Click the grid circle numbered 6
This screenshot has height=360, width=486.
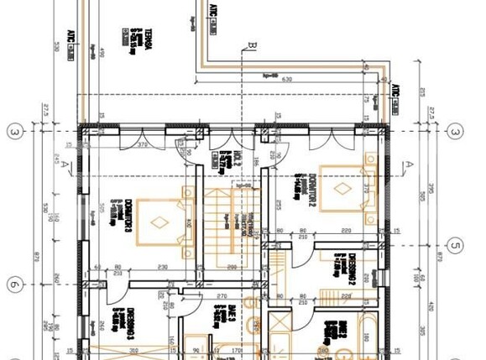[x=14, y=284]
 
